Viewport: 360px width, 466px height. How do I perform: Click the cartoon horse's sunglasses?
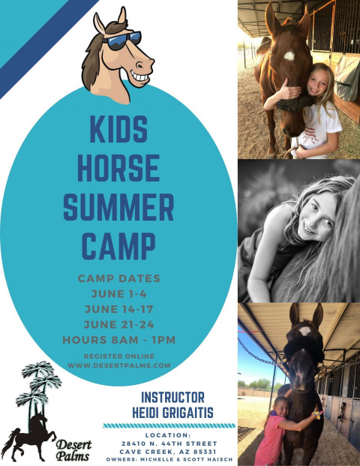[x=121, y=40]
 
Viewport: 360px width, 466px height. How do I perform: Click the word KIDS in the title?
[x=118, y=129]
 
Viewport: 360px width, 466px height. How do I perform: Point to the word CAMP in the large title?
[x=118, y=246]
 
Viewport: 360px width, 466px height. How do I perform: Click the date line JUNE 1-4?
[x=118, y=294]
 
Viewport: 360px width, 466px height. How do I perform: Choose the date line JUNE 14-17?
[x=118, y=309]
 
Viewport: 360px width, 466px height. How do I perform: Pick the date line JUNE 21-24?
[x=118, y=324]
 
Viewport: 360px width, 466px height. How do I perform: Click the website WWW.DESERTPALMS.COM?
[x=119, y=365]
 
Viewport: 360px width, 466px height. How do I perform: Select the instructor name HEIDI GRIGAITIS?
[x=172, y=413]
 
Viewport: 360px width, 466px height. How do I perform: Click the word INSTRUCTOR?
[x=172, y=398]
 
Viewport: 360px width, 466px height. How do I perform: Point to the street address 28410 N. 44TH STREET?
[x=169, y=443]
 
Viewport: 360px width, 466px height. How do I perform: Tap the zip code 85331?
[x=205, y=452]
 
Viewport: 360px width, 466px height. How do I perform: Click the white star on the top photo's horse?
[x=289, y=56]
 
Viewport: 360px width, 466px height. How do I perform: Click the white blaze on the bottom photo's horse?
[x=305, y=331]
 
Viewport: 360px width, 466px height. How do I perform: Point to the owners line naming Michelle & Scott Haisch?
[x=169, y=460]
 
